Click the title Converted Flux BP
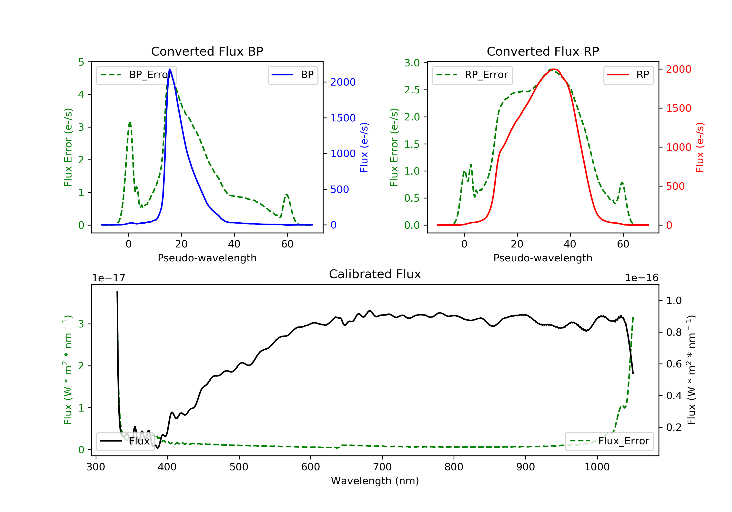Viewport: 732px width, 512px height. pos(207,51)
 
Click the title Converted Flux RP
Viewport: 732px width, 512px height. pos(543,51)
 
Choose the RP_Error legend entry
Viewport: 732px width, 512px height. pos(472,75)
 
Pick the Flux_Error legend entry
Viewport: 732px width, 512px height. pos(609,441)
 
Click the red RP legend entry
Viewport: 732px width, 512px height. pos(628,75)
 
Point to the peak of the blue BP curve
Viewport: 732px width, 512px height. pos(170,69)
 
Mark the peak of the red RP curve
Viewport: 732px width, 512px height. pos(554,69)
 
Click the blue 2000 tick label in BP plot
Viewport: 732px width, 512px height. pos(343,82)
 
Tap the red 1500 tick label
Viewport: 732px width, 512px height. pos(678,108)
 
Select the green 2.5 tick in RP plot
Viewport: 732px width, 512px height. pos(412,90)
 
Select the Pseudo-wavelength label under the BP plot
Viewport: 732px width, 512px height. pos(207,258)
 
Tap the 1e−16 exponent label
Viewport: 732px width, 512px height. pos(641,278)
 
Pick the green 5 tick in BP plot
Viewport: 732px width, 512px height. pos(81,62)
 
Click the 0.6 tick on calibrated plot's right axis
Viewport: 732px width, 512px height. pos(674,364)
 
